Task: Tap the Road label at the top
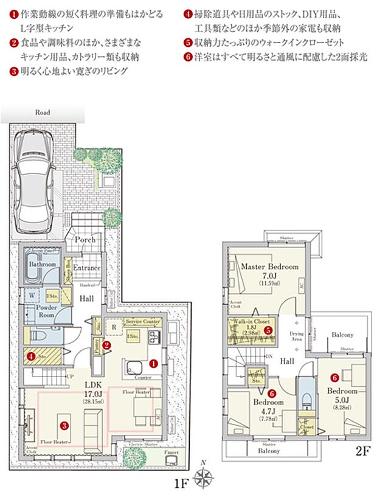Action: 42,113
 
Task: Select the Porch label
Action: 85,240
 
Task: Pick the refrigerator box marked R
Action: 113,326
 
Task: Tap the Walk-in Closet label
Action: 249,322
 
